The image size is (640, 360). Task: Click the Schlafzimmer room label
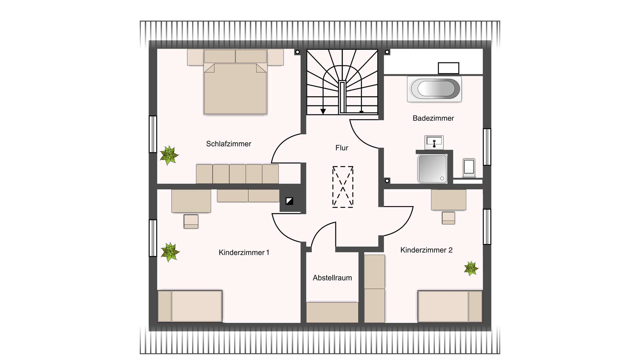[x=229, y=144]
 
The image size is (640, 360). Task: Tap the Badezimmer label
[x=433, y=118]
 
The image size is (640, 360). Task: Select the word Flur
[x=342, y=148]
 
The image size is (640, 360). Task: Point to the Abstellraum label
[x=332, y=278]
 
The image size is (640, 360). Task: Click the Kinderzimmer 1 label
[x=244, y=253]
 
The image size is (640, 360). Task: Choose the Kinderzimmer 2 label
[x=426, y=250]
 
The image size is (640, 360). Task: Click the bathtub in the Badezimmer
[x=434, y=89]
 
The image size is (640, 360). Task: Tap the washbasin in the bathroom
[x=434, y=143]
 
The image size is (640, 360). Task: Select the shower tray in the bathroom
[x=433, y=169]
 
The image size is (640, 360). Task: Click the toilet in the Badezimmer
[x=469, y=168]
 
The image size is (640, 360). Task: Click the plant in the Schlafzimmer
[x=169, y=155]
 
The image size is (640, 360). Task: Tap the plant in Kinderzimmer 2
[x=471, y=268]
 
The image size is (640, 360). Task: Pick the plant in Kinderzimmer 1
[x=170, y=252]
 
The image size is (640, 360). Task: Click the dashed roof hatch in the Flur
[x=343, y=187]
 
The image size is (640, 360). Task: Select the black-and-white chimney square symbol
[x=289, y=201]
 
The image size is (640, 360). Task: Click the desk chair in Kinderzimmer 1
[x=191, y=221]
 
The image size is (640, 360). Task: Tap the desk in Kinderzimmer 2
[x=449, y=200]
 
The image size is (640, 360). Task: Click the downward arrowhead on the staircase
[x=323, y=111]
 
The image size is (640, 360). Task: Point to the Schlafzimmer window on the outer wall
[x=153, y=134]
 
